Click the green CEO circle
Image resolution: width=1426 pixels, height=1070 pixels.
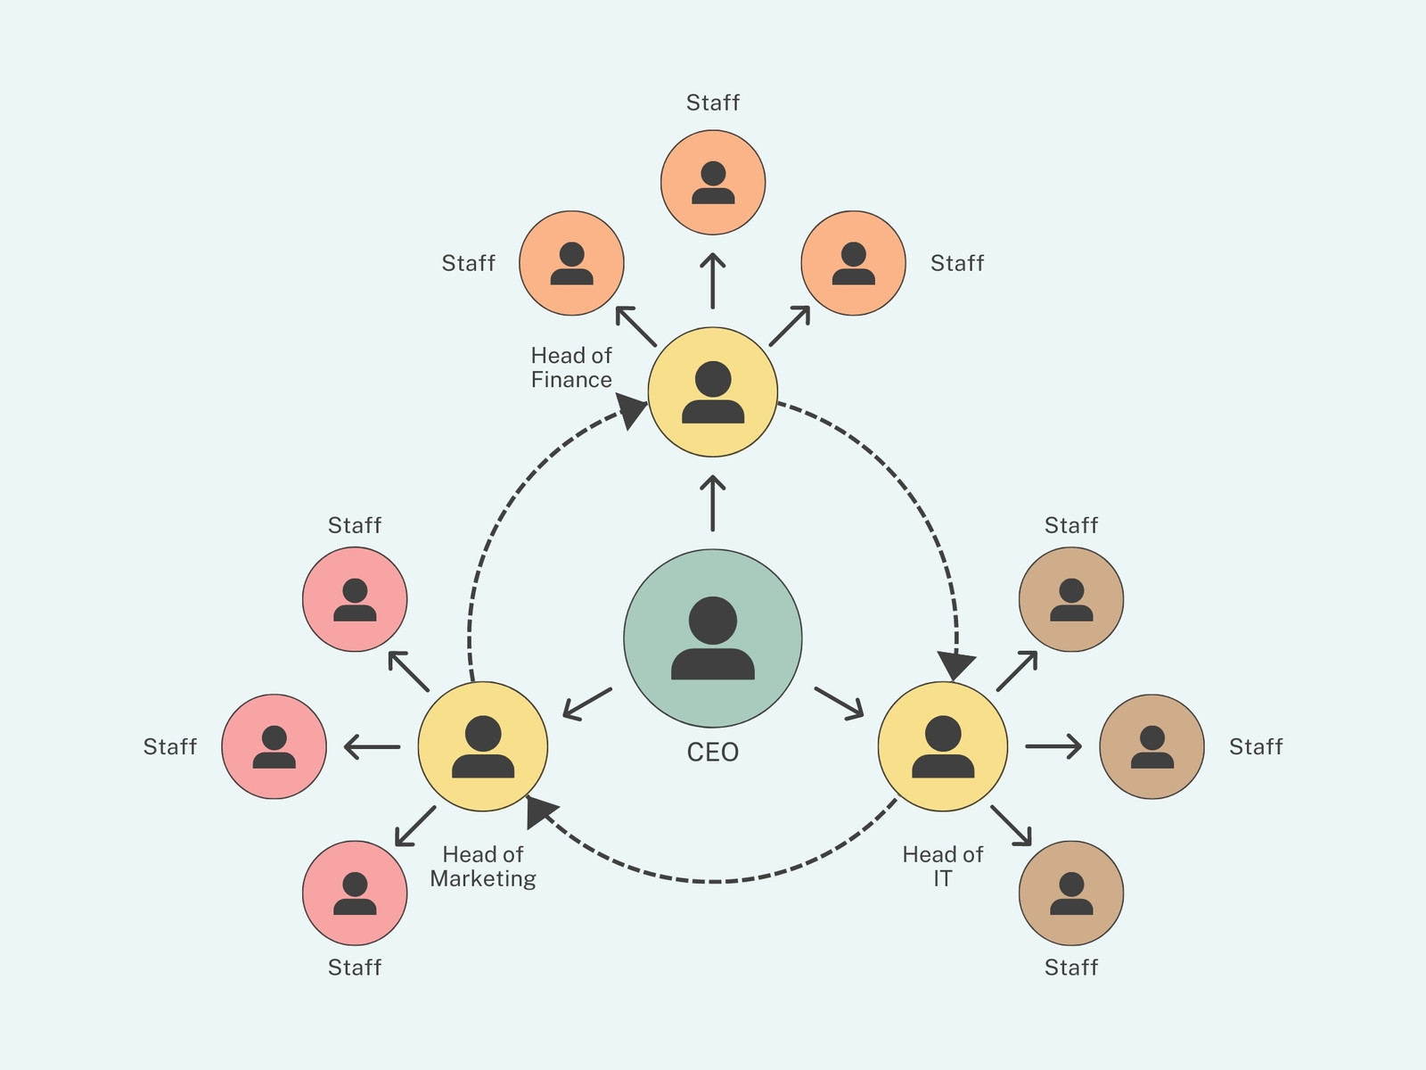tap(713, 638)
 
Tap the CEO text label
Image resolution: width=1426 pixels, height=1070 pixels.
tap(713, 753)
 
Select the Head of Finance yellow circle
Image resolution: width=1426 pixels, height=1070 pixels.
tap(713, 391)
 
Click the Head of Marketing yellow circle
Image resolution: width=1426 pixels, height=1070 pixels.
tap(483, 746)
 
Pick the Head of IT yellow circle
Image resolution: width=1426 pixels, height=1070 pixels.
tap(943, 746)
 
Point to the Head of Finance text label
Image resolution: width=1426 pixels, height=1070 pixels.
tap(571, 367)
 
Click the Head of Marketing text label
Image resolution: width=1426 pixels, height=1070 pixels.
tap(483, 866)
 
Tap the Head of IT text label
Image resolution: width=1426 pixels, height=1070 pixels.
tap(943, 866)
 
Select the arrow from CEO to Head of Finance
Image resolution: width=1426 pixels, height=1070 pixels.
tap(713, 504)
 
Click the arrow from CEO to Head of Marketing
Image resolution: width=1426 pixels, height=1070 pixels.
tap(587, 704)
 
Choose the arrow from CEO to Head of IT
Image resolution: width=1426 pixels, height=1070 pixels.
tap(840, 703)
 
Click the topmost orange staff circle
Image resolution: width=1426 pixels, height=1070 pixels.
tap(713, 183)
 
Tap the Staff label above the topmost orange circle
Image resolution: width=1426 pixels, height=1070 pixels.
tap(713, 103)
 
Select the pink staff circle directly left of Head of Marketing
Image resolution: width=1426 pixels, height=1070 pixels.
tap(275, 746)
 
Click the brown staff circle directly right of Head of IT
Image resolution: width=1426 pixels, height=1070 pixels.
tap(1151, 746)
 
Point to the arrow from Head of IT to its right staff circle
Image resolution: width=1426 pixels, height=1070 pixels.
tap(1053, 746)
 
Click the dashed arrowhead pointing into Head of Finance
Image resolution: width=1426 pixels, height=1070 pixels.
tap(631, 410)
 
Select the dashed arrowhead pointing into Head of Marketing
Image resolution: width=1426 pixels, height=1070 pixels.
tap(540, 811)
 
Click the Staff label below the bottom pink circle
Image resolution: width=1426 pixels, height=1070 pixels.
tap(355, 967)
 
